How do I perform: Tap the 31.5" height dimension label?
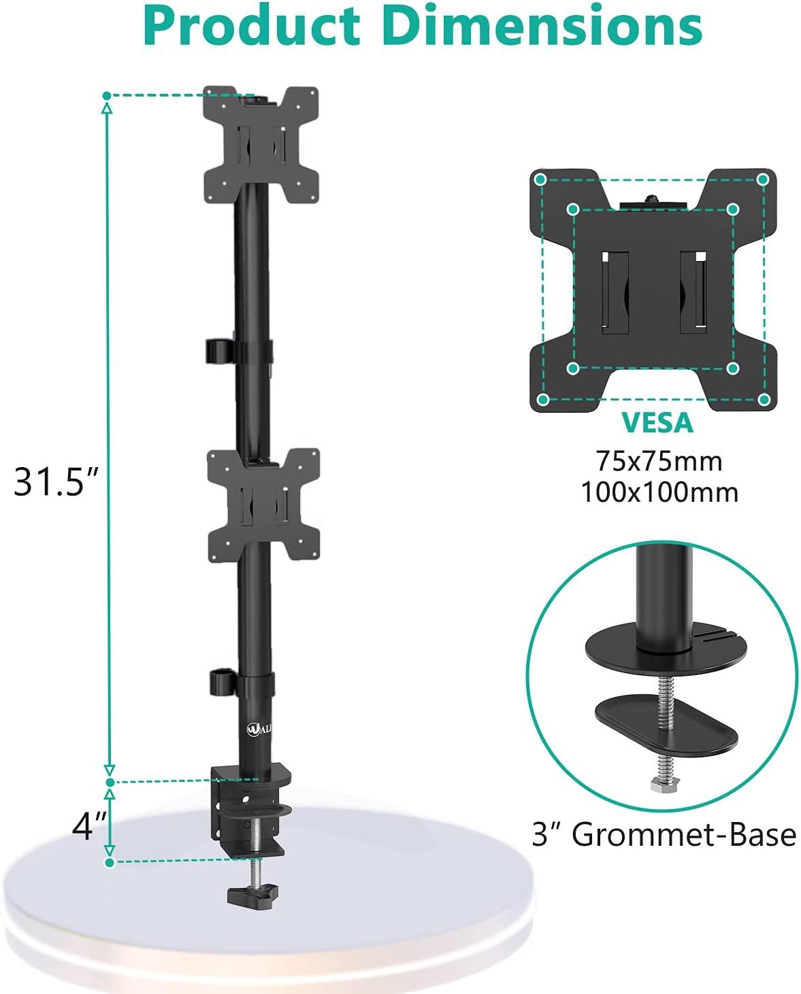[57, 482]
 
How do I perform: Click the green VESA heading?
[657, 423]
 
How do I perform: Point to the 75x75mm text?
[659, 462]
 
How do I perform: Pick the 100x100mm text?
[659, 492]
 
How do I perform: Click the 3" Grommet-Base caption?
[664, 834]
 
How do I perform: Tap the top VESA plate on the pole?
[261, 145]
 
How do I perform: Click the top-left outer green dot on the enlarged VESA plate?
[540, 179]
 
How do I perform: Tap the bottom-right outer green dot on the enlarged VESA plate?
[763, 399]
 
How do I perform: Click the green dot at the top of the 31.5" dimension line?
[107, 96]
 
